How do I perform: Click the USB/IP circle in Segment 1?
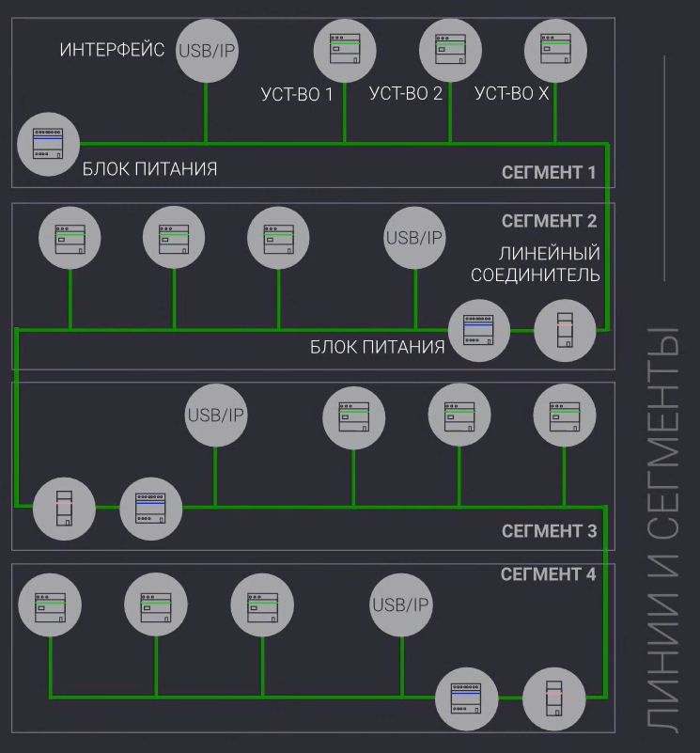click(x=206, y=50)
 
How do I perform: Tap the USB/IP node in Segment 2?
click(x=414, y=237)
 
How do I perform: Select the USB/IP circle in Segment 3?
click(x=215, y=415)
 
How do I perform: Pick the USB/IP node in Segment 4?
click(x=401, y=603)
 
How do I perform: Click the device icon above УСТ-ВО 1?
click(x=345, y=50)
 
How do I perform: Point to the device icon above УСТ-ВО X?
click(x=555, y=50)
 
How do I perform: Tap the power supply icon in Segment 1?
click(x=48, y=144)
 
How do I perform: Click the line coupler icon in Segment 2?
click(x=565, y=330)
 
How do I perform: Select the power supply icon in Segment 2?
click(x=479, y=330)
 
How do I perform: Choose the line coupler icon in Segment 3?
click(x=64, y=508)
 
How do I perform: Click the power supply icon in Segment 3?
click(x=151, y=508)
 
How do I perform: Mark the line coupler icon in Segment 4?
click(x=554, y=698)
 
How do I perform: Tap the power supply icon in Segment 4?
click(x=467, y=698)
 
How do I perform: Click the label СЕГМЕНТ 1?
click(x=549, y=172)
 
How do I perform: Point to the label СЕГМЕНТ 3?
click(x=549, y=531)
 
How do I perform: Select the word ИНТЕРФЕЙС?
click(x=113, y=50)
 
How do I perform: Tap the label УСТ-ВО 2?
click(x=406, y=93)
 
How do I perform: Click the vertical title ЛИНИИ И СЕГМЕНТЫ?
click(x=664, y=526)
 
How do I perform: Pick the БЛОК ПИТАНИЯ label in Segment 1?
click(x=150, y=169)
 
